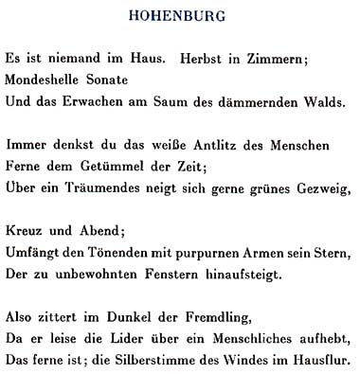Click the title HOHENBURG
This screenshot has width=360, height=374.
click(x=179, y=16)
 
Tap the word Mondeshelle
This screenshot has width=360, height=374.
click(x=47, y=80)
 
